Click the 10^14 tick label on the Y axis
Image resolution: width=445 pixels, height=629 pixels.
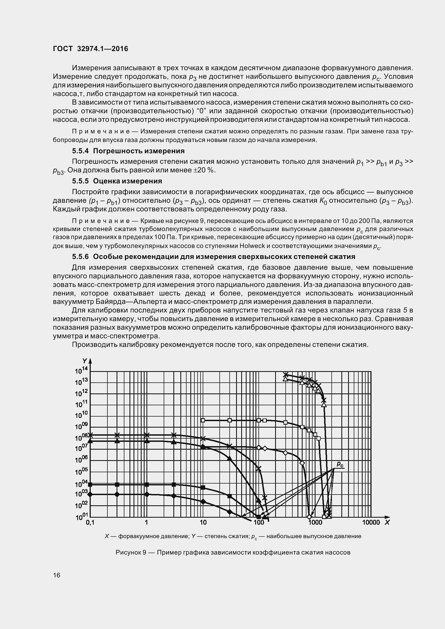click(x=81, y=370)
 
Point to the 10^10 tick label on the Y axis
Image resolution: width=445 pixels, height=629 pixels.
click(x=81, y=415)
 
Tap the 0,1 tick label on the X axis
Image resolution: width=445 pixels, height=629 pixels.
click(x=90, y=523)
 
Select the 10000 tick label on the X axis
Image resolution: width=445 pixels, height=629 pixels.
click(x=371, y=523)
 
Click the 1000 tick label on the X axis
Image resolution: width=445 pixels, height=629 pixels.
click(x=315, y=523)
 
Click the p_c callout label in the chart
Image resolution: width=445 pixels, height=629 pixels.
click(x=340, y=464)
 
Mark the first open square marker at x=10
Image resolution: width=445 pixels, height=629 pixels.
click(x=203, y=420)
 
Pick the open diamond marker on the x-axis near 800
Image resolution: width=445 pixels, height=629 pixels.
click(x=309, y=517)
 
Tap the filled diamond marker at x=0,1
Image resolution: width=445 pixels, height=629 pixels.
click(x=90, y=494)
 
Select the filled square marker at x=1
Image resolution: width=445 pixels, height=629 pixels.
click(x=147, y=484)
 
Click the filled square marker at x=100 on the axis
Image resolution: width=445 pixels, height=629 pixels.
click(x=258, y=517)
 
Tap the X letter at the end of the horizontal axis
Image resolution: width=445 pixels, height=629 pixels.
click(x=387, y=523)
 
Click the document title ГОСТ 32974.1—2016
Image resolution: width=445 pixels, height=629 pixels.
click(x=90, y=49)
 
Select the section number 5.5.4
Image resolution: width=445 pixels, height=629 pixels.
click(x=80, y=151)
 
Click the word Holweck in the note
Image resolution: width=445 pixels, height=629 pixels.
click(x=252, y=246)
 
